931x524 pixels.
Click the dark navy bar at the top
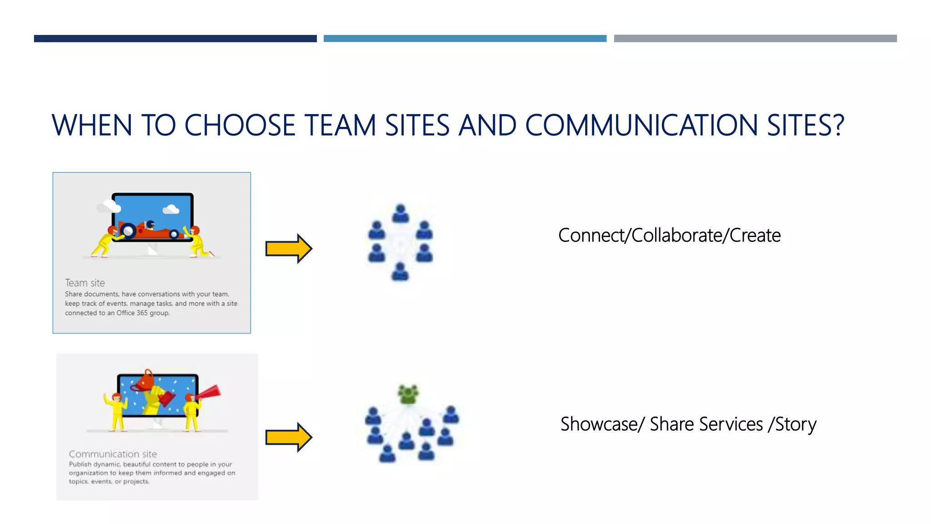pyautogui.click(x=175, y=39)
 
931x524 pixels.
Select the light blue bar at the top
pyautogui.click(x=465, y=39)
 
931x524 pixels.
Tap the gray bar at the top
pyautogui.click(x=755, y=39)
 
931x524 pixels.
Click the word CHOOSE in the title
pyautogui.click(x=240, y=126)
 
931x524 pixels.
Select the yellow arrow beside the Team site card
pyautogui.click(x=289, y=248)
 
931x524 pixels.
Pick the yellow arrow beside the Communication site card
pyautogui.click(x=289, y=437)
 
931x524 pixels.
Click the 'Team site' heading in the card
pyautogui.click(x=85, y=283)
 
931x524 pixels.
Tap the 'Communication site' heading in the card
pyautogui.click(x=113, y=454)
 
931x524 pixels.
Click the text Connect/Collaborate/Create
pyautogui.click(x=669, y=236)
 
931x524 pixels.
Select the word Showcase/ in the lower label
pyautogui.click(x=602, y=424)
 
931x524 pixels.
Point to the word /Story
pyautogui.click(x=792, y=424)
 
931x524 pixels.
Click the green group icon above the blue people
pyautogui.click(x=408, y=394)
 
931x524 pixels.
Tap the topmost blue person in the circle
pyautogui.click(x=400, y=213)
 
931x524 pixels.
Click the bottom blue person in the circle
pyautogui.click(x=400, y=272)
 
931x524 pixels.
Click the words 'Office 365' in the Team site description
pyautogui.click(x=132, y=313)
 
